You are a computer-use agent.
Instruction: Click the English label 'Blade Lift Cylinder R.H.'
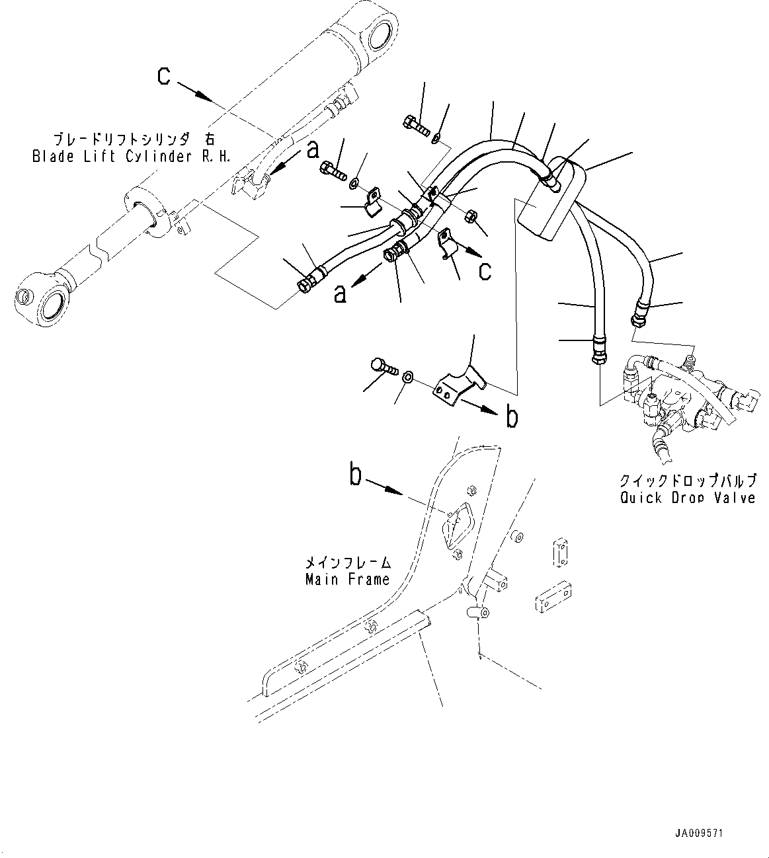123,157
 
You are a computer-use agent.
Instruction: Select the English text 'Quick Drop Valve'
687,498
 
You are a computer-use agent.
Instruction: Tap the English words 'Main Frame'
347,580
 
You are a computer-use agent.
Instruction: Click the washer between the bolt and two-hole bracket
409,377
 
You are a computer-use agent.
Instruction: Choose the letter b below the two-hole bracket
511,417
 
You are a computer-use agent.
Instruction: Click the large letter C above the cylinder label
164,76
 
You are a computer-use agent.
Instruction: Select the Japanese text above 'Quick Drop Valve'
687,481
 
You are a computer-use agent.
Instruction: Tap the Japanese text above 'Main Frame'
347,563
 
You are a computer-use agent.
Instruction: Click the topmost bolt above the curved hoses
415,124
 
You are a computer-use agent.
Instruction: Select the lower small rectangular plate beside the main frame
554,596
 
